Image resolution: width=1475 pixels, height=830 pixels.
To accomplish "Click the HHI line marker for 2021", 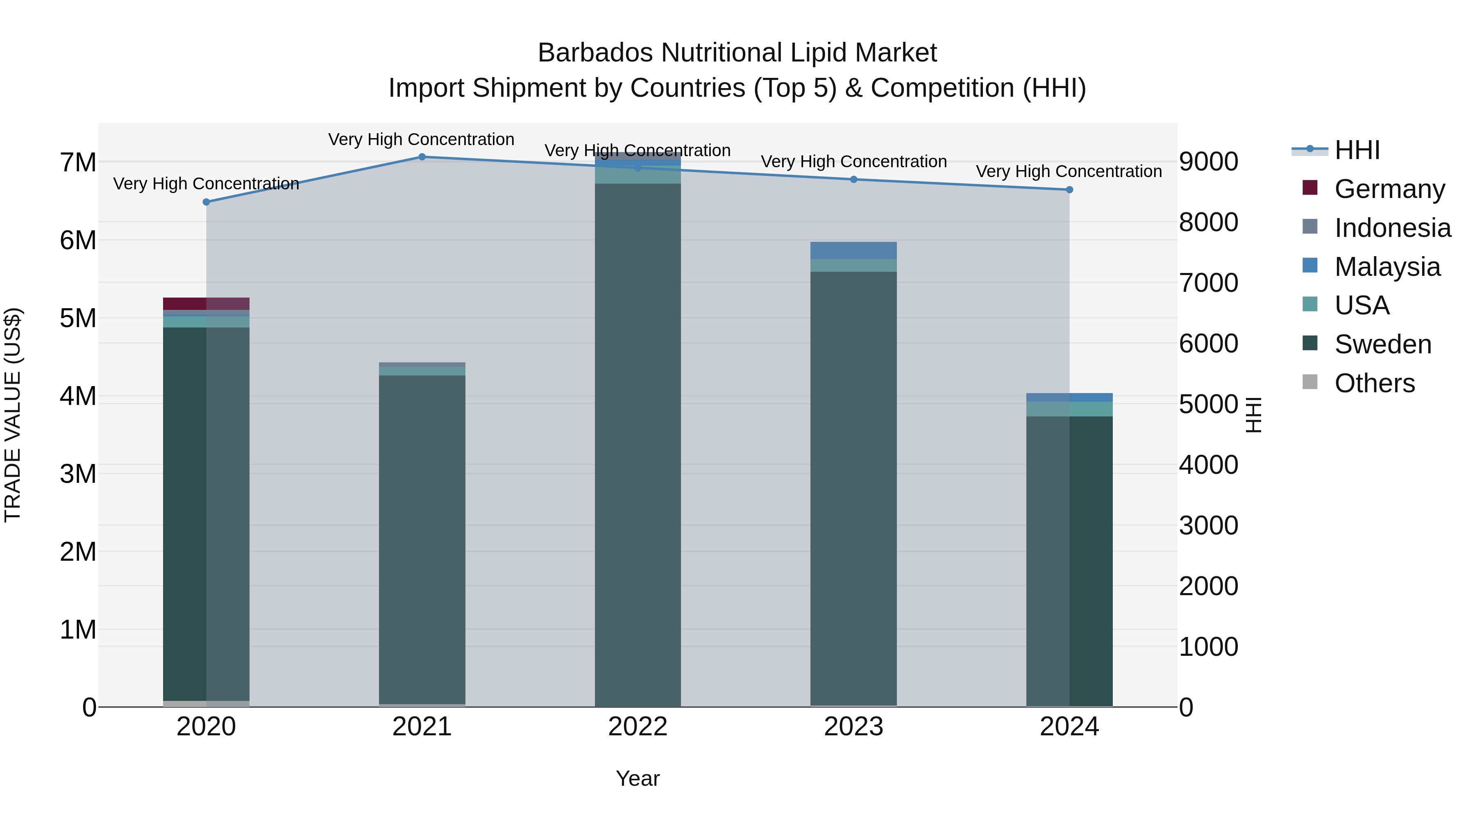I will coord(422,157).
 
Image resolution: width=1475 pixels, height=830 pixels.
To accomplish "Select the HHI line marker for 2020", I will coord(206,202).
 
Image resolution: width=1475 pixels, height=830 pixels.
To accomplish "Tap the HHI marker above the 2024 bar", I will coord(1069,190).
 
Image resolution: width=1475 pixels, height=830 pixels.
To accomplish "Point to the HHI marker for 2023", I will coord(853,179).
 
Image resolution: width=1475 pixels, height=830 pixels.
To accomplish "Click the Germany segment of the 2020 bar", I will coord(206,304).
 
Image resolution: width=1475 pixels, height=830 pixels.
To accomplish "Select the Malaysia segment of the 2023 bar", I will coord(853,250).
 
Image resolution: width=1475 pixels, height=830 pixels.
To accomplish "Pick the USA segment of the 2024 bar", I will coord(1069,409).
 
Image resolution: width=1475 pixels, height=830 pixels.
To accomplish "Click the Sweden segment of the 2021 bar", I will coord(422,539).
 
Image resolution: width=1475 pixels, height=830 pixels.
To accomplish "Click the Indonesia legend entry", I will coord(1393,227).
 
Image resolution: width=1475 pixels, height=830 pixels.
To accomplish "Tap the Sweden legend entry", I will coord(1383,344).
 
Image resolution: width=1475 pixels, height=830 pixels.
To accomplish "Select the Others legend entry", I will coord(1374,383).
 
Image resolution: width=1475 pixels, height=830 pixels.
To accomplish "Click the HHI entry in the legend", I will coord(1357,150).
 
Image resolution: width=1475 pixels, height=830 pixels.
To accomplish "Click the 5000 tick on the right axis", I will coord(1208,405).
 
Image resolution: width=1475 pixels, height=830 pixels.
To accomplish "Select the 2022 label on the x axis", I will coord(637,727).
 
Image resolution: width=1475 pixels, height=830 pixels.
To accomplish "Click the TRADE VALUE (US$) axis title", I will coord(13,415).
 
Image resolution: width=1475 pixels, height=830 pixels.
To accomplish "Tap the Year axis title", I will coord(637,778).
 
